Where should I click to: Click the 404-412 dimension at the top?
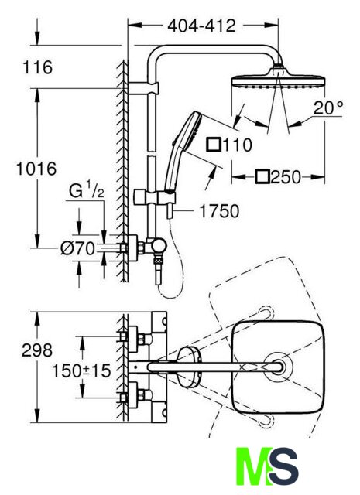click(201, 26)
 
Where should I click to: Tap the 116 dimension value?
click(38, 67)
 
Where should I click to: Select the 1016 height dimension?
click(36, 169)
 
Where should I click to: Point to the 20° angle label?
click(328, 108)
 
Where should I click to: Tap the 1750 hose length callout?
click(219, 211)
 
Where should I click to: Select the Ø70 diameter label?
click(77, 248)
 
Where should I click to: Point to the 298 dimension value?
click(37, 350)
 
